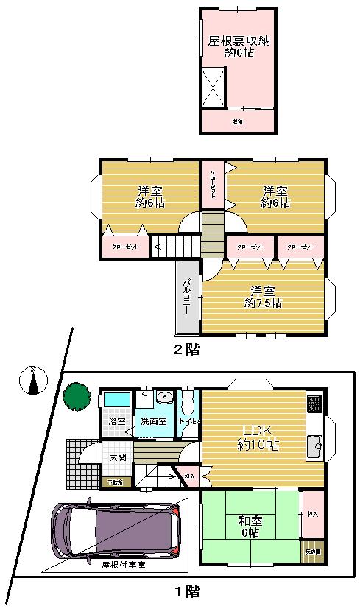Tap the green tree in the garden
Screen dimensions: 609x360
(76, 395)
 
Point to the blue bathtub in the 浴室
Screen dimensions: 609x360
(117, 401)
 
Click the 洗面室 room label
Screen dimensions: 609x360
(154, 421)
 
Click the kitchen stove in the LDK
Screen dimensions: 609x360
(314, 404)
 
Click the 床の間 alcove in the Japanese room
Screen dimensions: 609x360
(312, 552)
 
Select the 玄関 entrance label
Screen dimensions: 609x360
(118, 457)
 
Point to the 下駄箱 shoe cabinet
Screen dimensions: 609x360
(116, 482)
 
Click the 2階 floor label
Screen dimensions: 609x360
(186, 351)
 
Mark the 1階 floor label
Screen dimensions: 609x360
(186, 591)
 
